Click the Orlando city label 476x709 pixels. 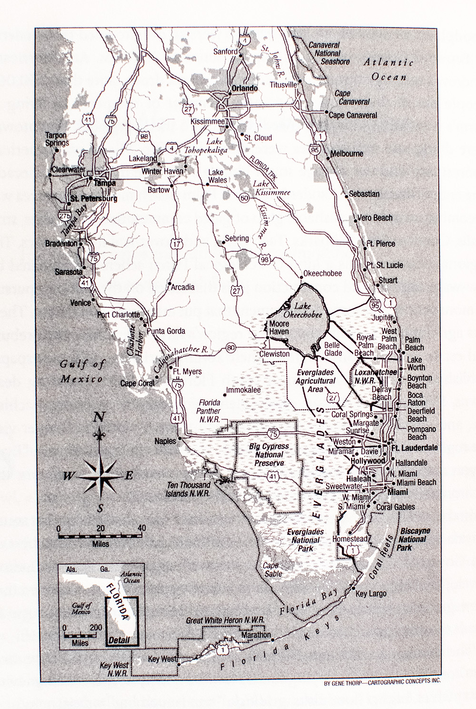[245, 89]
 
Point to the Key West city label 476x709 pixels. [162, 659]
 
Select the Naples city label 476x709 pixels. [165, 441]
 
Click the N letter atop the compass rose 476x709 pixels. [99, 418]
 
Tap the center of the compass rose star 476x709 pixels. [99, 475]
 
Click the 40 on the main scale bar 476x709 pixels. [141, 528]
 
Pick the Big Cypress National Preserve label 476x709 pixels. [269, 454]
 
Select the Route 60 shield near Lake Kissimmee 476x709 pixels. [245, 197]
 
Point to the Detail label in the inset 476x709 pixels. [119, 640]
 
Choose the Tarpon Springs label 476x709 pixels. [57, 139]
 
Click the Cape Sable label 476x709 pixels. [273, 570]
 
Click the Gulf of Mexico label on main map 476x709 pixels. [81, 372]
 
